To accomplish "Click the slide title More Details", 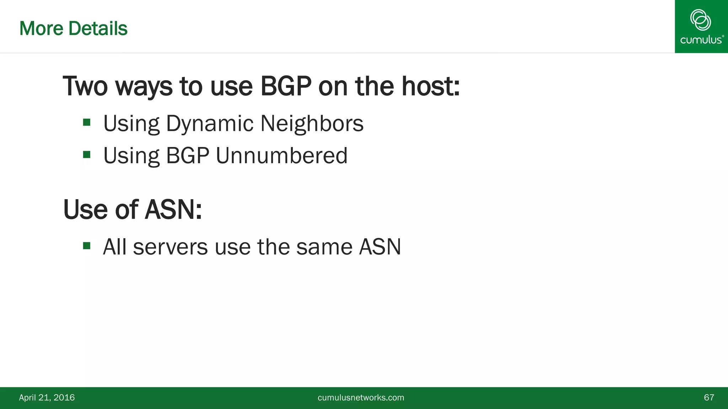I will [x=73, y=28].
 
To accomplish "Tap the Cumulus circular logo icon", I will [x=700, y=20].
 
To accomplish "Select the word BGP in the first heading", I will [x=286, y=86].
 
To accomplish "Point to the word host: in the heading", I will [x=430, y=86].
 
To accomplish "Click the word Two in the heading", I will [x=85, y=86].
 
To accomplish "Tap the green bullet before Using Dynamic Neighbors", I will [x=87, y=123].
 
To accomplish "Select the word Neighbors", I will [x=312, y=124].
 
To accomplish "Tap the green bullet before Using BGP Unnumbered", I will [x=87, y=155].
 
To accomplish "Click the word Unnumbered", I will [x=282, y=156].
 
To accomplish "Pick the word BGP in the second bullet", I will [x=187, y=156].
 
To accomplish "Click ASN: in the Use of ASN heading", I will [x=173, y=209].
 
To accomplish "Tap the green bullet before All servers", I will [x=87, y=246].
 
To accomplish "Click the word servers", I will [x=170, y=247].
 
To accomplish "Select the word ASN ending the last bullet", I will [x=380, y=247].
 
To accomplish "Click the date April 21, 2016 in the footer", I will [x=47, y=398].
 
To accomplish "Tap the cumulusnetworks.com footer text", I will [x=361, y=398].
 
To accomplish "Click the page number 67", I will [x=709, y=398].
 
